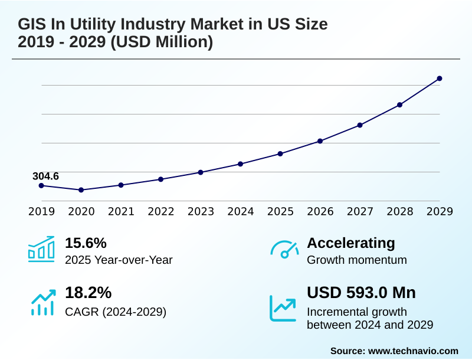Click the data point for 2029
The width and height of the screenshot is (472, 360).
click(x=439, y=78)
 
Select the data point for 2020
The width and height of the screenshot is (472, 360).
click(x=81, y=190)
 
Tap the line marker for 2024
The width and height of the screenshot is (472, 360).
click(x=240, y=163)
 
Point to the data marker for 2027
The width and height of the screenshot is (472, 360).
click(x=360, y=125)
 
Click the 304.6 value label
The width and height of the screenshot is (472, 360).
click(x=45, y=176)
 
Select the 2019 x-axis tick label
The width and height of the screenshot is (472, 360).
click(x=41, y=212)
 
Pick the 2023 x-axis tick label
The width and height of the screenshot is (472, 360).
click(x=201, y=212)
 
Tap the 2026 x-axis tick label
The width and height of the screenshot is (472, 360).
click(x=320, y=212)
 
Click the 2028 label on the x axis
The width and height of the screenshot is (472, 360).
click(x=399, y=212)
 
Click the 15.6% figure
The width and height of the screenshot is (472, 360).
click(x=86, y=243)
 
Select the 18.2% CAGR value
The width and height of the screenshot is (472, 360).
click(x=88, y=293)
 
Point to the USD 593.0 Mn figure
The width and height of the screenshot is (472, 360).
click(x=361, y=293)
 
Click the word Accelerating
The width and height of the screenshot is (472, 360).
click(x=350, y=243)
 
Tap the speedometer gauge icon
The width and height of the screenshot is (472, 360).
click(x=284, y=250)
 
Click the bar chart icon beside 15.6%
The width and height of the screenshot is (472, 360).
click(x=41, y=249)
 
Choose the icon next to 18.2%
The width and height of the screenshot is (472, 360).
click(x=42, y=302)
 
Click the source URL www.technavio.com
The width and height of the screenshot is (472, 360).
click(x=413, y=351)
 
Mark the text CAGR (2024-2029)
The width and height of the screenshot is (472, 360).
click(x=116, y=312)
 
